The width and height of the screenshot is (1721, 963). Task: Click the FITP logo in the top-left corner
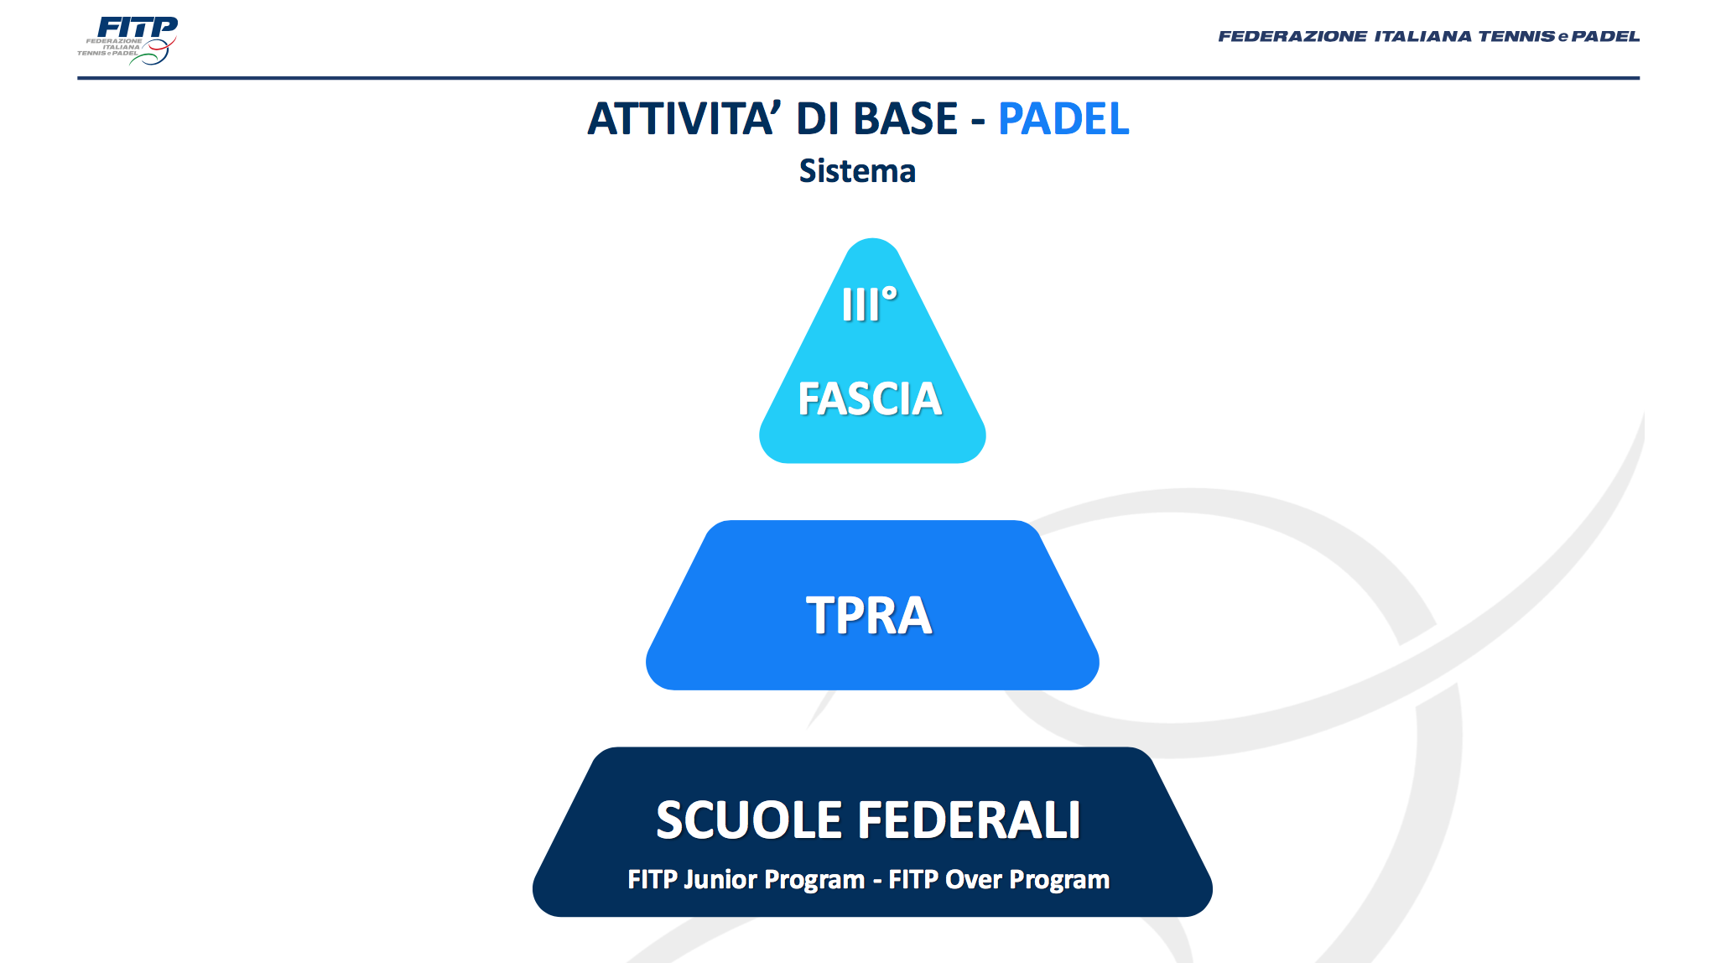coord(127,40)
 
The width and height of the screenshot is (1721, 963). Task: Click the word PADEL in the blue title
coord(1063,118)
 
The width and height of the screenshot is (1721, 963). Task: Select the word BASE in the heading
coord(906,118)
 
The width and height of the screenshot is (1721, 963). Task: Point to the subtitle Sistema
coord(857,171)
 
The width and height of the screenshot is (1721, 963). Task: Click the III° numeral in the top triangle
coord(870,304)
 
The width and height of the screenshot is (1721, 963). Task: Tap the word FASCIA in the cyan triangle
coord(870,398)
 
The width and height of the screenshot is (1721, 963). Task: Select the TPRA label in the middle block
coord(869,615)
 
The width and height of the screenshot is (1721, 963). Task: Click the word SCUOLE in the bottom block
coord(748,820)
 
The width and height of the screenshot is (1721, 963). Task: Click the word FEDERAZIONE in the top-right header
coord(1292,36)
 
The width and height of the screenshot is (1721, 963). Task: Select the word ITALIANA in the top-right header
coord(1422,36)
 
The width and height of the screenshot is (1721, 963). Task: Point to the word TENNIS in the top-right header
coord(1516,36)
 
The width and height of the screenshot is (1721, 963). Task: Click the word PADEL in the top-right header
coord(1605,36)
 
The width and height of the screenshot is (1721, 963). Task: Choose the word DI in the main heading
coord(818,118)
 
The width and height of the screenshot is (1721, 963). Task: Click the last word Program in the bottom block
coord(1059,880)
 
